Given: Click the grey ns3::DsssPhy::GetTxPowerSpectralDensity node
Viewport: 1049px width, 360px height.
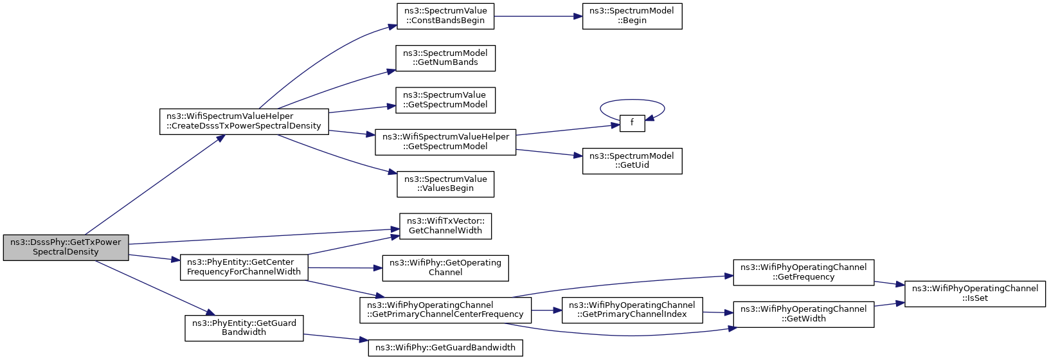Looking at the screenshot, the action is coord(66,247).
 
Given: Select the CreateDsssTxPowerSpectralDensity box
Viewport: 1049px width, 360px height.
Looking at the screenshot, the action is coord(244,122).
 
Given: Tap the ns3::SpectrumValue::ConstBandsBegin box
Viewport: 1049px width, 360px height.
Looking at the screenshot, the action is coord(445,16).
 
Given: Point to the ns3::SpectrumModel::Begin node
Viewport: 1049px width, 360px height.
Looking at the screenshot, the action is coord(632,16).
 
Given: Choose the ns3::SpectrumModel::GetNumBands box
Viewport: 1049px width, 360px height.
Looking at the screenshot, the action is coord(445,58).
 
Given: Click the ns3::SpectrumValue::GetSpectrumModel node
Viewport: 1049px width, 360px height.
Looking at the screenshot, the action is coord(445,100).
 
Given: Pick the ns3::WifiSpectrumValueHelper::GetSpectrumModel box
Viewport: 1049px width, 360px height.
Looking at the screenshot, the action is coord(445,142).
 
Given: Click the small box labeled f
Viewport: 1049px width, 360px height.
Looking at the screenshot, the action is coord(632,123).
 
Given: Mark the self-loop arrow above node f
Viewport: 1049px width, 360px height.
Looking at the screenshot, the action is coord(632,100).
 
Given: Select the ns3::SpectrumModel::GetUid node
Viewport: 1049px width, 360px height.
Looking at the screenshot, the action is coord(632,161).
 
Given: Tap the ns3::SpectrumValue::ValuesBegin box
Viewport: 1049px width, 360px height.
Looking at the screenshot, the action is coord(445,184).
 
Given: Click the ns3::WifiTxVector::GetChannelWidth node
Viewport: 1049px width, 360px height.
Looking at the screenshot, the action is coord(445,226).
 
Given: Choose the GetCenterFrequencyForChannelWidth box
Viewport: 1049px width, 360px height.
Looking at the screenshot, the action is coord(244,267).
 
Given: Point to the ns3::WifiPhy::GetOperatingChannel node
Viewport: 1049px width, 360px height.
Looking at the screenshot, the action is coord(445,268).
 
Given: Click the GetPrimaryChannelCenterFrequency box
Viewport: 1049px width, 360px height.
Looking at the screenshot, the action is coord(445,310).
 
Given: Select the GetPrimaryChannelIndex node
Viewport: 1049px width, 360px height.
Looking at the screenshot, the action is coord(632,310).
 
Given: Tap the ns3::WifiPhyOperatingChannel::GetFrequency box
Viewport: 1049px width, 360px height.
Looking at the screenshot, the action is coord(803,273).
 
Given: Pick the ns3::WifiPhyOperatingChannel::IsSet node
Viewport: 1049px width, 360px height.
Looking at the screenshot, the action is coord(975,294).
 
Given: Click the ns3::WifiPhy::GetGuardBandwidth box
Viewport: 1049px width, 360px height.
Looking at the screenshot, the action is coord(445,348).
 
